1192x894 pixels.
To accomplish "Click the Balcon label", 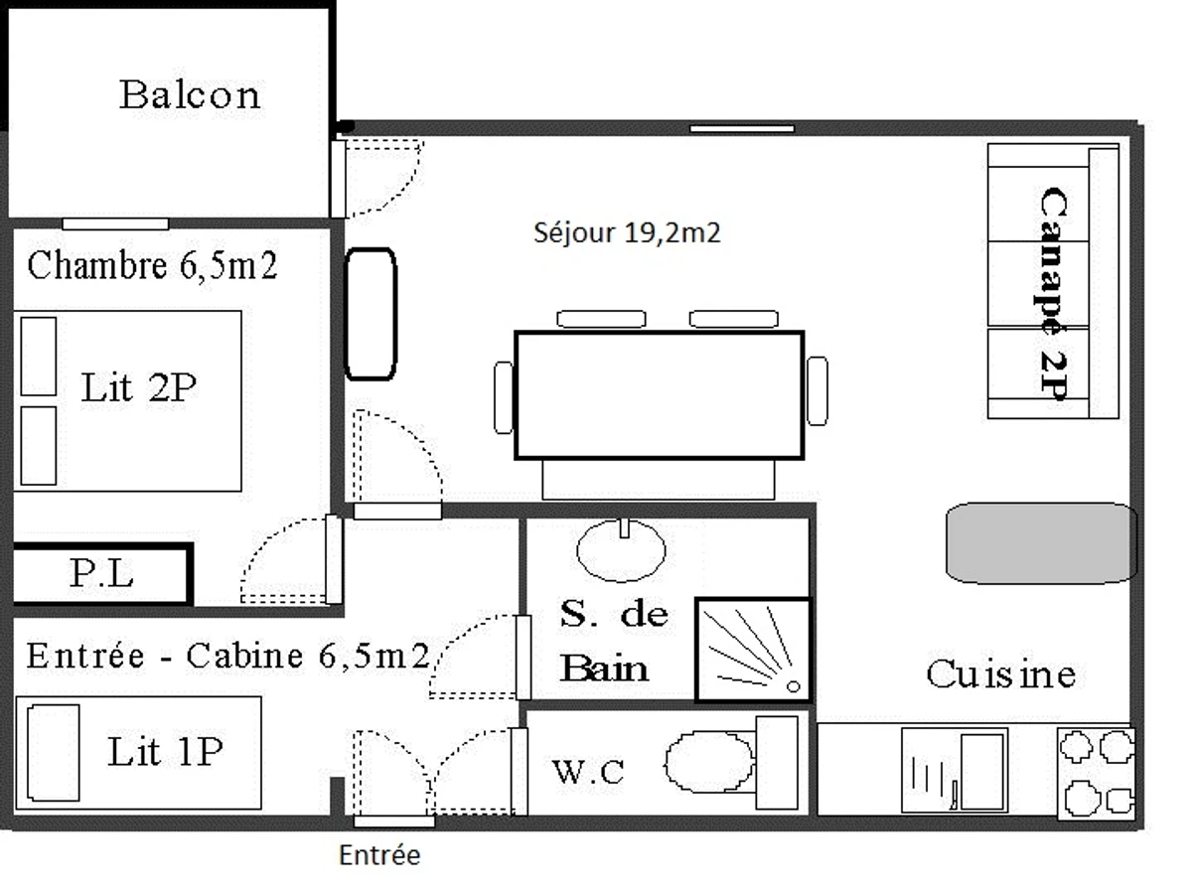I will pos(190,95).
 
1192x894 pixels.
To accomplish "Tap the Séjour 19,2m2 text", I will pos(626,233).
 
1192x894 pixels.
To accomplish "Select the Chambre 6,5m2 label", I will pos(152,266).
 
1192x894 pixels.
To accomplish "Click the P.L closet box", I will pos(100,574).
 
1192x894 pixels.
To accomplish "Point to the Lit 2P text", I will pos(139,388).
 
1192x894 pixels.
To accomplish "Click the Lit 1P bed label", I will pos(164,753).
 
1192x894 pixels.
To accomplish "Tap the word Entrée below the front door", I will pos(379,855).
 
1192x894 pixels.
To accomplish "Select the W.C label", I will pos(588,772).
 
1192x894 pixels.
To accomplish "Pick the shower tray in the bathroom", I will pos(753,649).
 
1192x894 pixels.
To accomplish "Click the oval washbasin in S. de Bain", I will pos(622,551).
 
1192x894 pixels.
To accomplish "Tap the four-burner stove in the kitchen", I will pos(1096,773).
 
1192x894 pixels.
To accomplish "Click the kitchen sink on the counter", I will pos(955,771).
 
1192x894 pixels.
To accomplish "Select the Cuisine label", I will pos(1000,674).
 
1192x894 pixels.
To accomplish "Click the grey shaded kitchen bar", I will pos(1040,542).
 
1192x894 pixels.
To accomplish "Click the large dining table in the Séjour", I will pos(659,395).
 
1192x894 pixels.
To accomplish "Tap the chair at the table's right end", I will pos(817,391).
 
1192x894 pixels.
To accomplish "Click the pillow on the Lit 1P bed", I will pos(54,753).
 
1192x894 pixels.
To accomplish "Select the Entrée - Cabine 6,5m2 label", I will pos(227,657).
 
